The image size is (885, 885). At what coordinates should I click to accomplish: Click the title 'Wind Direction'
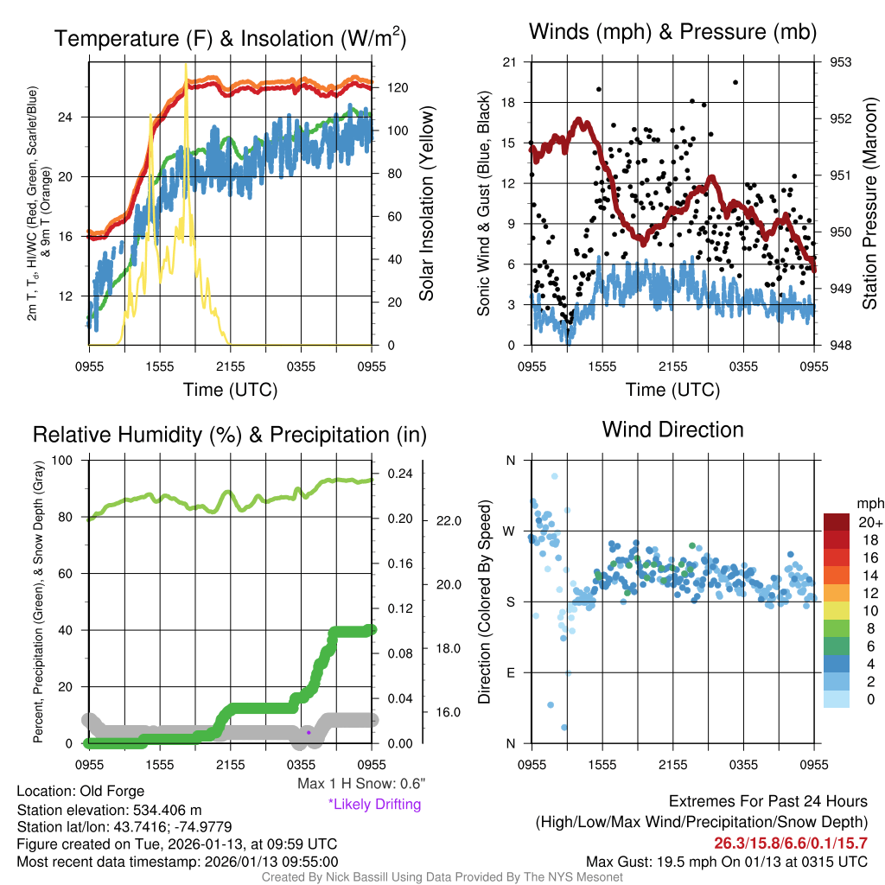[x=672, y=430]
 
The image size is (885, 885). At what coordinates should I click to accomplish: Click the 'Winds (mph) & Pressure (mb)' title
[x=672, y=32]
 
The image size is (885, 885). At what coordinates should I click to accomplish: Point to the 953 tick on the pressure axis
[x=841, y=62]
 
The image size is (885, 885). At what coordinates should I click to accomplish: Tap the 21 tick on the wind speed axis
[x=508, y=62]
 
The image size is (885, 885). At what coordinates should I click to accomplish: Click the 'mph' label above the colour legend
[x=869, y=503]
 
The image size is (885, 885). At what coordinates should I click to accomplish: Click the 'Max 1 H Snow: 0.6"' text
[x=361, y=783]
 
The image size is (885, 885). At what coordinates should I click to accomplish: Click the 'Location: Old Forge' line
[x=80, y=791]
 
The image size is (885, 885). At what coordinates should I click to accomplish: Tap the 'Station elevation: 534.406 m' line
[x=109, y=810]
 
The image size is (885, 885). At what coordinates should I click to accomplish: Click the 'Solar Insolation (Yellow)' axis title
[x=426, y=204]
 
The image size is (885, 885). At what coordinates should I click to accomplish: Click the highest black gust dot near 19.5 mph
[x=735, y=82]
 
